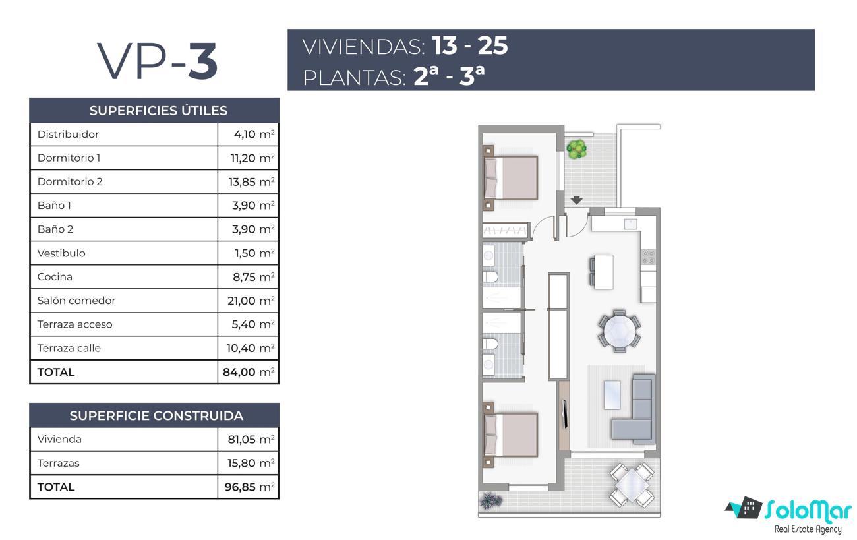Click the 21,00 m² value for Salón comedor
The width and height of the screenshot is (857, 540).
(251, 301)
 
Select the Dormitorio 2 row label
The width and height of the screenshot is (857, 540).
(70, 181)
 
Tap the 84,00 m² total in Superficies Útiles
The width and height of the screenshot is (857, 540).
(249, 372)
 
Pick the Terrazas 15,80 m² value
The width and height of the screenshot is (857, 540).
(251, 463)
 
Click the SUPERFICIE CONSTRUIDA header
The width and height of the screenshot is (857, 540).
(156, 415)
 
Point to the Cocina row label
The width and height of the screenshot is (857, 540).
(55, 277)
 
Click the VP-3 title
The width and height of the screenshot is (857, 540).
(158, 61)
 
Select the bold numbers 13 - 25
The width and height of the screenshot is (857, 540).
(470, 45)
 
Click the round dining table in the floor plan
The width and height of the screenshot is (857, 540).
(620, 331)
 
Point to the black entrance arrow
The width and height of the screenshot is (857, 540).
(577, 200)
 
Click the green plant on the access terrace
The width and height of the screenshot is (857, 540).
(577, 149)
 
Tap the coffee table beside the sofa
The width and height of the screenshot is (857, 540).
(612, 395)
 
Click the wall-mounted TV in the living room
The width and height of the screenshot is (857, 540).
(565, 413)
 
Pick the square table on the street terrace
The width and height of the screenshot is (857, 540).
(632, 485)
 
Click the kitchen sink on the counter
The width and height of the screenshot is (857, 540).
(630, 224)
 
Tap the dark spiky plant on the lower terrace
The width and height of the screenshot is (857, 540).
(491, 500)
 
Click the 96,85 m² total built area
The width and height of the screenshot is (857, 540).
(249, 487)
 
